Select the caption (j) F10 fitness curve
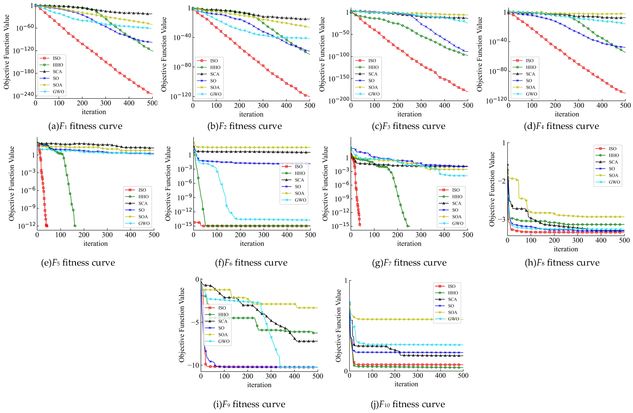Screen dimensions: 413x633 408,404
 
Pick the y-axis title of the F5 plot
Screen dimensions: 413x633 11,183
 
